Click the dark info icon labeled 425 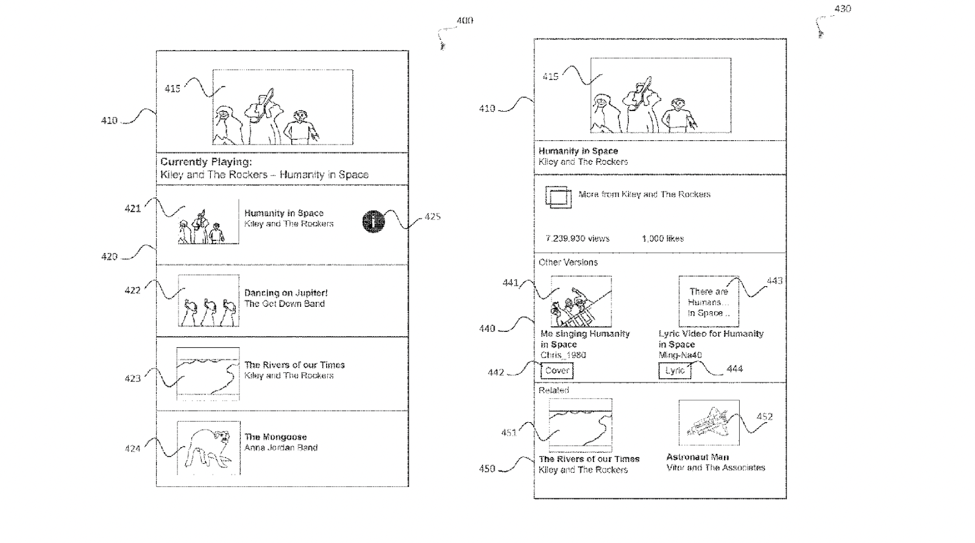tap(373, 221)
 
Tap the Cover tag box tap(556, 370)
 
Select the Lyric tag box tap(675, 371)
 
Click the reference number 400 tap(464, 21)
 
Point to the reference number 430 tap(842, 9)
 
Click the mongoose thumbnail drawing tap(208, 448)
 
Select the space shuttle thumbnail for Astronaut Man tap(709, 423)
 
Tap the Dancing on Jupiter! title tap(286, 293)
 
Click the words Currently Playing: tap(206, 162)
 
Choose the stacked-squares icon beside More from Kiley tap(558, 198)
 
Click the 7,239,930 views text tap(577, 239)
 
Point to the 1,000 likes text tap(662, 239)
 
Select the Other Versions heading tap(568, 262)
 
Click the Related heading tap(553, 390)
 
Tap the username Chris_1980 tap(563, 355)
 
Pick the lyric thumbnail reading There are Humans tap(708, 301)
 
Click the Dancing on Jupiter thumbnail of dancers tap(208, 301)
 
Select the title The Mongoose tap(275, 437)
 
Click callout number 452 tap(764, 417)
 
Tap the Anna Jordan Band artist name tap(281, 448)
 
